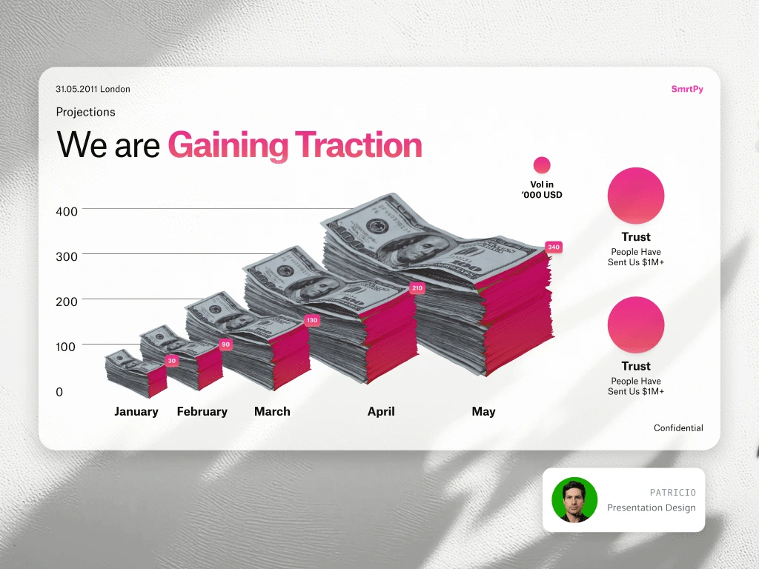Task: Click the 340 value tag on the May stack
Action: (x=553, y=247)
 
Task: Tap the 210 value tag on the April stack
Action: (x=417, y=288)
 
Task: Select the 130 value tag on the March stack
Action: (x=312, y=320)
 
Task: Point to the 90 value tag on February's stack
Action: (x=225, y=345)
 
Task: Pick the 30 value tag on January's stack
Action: (x=172, y=361)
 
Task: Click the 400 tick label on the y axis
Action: (x=66, y=211)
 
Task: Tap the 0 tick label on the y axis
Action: (x=59, y=392)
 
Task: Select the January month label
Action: (x=136, y=412)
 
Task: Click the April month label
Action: (x=381, y=412)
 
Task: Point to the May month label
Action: (x=483, y=412)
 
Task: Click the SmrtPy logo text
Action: (x=687, y=89)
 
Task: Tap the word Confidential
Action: (x=678, y=427)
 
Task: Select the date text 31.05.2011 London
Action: (x=93, y=89)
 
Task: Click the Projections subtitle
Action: (x=86, y=113)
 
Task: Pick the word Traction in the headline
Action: (x=358, y=144)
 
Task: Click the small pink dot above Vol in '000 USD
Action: (x=542, y=165)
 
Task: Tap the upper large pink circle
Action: (x=635, y=196)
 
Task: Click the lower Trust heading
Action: (x=635, y=366)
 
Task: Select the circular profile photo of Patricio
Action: (x=574, y=500)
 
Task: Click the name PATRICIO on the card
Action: (x=672, y=493)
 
